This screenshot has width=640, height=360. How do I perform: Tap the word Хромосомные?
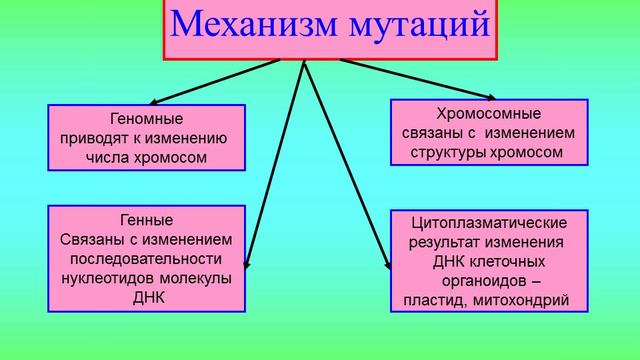coord(487,113)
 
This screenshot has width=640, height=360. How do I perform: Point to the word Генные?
coord(146,220)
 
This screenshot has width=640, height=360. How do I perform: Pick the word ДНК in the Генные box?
coord(146,297)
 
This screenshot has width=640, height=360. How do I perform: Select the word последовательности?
coord(146,258)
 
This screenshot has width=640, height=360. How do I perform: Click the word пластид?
coord(443,299)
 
